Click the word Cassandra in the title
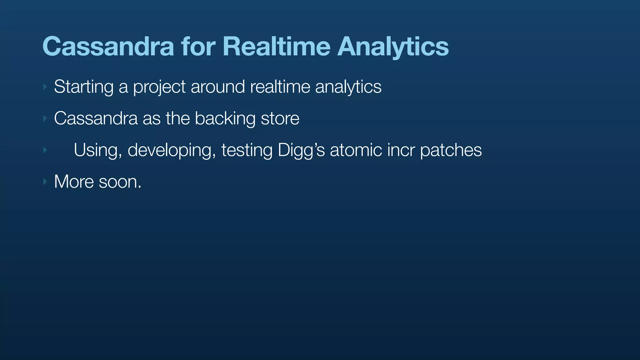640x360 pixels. tap(108, 47)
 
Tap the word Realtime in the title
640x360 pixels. tap(276, 47)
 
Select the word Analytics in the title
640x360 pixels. tap(393, 47)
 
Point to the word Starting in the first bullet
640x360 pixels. tap(83, 87)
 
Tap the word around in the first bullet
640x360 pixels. tap(217, 87)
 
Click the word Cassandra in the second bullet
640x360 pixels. tap(96, 118)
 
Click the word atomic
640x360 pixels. tap(356, 150)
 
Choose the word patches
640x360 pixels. tap(451, 151)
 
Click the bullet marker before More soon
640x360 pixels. tap(45, 182)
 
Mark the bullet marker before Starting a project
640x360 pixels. tap(45, 87)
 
